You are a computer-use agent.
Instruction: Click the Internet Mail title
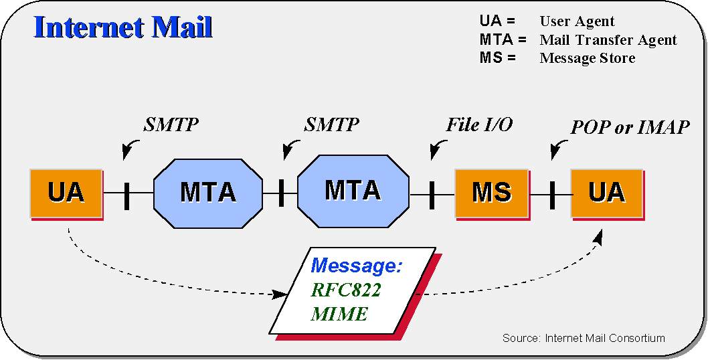click(123, 27)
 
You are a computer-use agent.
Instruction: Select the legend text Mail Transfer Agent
click(608, 40)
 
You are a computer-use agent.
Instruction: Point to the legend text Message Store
click(588, 58)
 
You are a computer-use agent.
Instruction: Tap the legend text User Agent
click(577, 21)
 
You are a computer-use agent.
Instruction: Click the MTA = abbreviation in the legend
click(503, 39)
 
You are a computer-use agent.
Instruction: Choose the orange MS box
click(491, 193)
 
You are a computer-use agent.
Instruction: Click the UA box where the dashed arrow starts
click(66, 193)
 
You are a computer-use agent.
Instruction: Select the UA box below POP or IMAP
click(607, 193)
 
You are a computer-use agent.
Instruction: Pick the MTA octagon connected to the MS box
click(353, 191)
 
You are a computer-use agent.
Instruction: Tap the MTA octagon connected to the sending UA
click(208, 193)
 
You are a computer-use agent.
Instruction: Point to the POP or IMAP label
click(630, 128)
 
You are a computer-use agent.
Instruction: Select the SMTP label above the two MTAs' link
click(331, 124)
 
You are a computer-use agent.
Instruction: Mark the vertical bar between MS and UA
click(552, 195)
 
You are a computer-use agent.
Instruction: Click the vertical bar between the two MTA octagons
click(281, 193)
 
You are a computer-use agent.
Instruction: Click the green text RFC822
click(346, 290)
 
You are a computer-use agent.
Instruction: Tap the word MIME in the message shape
click(339, 314)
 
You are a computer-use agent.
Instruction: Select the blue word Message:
click(356, 266)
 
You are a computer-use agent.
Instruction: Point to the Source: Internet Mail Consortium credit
click(584, 338)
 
